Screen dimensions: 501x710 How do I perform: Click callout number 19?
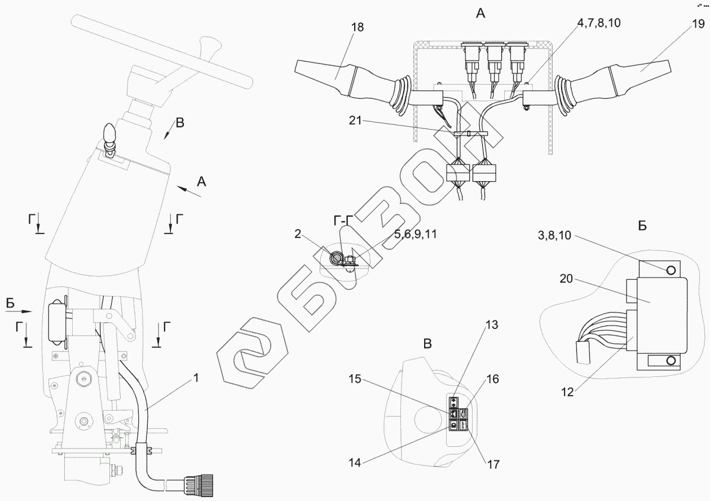point(697,25)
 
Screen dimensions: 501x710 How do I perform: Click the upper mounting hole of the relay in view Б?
point(671,270)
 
